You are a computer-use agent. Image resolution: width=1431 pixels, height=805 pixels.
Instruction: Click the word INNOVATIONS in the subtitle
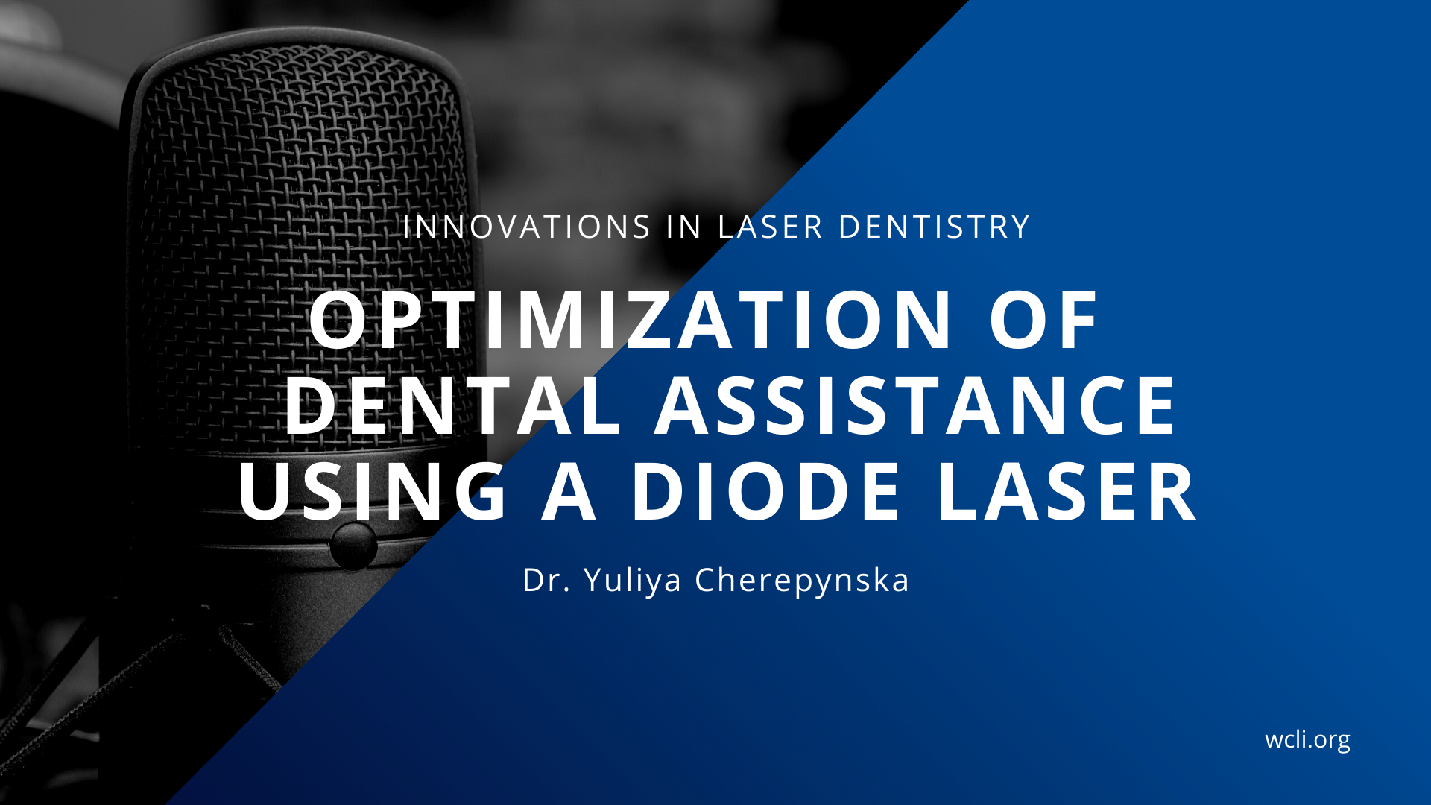pyautogui.click(x=527, y=227)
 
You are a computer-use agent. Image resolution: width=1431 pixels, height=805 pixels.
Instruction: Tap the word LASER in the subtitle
pyautogui.click(x=770, y=227)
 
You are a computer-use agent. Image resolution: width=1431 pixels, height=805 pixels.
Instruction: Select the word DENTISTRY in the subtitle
pyautogui.click(x=934, y=227)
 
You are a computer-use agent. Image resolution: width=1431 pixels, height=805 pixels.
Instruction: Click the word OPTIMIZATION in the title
pyautogui.click(x=631, y=320)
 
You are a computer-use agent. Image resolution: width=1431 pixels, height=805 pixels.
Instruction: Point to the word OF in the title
pyautogui.click(x=1044, y=320)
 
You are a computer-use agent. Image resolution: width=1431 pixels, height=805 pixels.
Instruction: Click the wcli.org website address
pyautogui.click(x=1307, y=739)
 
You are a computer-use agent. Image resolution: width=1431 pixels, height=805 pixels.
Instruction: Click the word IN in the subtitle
pyautogui.click(x=684, y=227)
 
